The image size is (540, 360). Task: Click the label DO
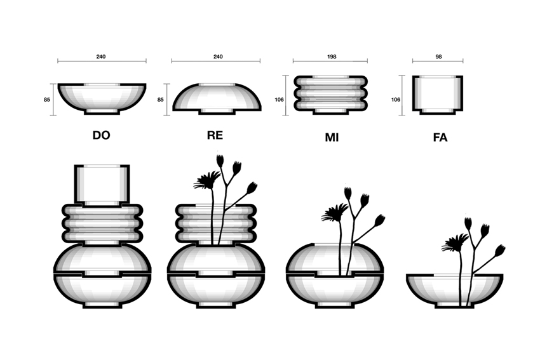101,135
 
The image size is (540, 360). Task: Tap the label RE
215,135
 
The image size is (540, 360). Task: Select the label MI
332,137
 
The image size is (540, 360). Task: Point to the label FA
440,137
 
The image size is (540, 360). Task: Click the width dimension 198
331,57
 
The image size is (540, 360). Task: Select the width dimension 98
438,57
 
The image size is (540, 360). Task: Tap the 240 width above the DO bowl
101,57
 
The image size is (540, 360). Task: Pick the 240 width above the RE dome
218,57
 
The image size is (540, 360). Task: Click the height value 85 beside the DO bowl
47,100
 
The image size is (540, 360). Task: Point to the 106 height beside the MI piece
279,100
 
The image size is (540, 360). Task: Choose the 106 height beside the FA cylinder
396,100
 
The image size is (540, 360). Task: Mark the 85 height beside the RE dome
161,100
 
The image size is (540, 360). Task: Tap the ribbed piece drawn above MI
330,95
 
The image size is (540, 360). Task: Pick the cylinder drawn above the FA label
438,95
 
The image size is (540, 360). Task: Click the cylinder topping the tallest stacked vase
102,185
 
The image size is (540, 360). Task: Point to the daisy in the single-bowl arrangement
456,243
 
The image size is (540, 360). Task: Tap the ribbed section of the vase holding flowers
216,223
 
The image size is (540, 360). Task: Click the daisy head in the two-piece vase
335,212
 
